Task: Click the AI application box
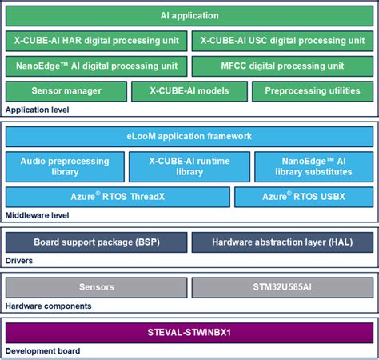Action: click(x=189, y=16)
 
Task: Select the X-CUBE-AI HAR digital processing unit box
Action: click(x=97, y=41)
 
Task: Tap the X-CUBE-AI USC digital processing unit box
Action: click(x=282, y=41)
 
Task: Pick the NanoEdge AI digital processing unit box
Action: click(x=97, y=66)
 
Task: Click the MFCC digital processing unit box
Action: click(x=282, y=66)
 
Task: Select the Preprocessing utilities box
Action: click(x=313, y=91)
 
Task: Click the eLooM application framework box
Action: click(x=189, y=136)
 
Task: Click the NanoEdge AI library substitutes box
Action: click(x=313, y=166)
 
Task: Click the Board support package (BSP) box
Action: click(x=97, y=242)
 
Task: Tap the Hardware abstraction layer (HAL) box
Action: click(x=282, y=242)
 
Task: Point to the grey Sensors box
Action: click(x=97, y=287)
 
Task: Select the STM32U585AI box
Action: click(x=282, y=287)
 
